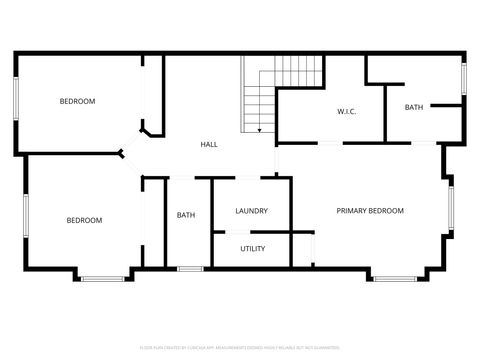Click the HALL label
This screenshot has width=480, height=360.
209,145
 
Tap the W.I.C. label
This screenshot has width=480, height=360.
347,111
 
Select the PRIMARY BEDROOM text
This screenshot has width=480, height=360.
370,211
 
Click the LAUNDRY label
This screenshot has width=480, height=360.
251,211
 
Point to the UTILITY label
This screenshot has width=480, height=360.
252,248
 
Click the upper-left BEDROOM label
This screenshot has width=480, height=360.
77,101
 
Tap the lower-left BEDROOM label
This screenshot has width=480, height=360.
84,220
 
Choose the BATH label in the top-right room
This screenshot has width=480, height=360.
414,107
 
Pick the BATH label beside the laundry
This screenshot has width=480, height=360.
186,215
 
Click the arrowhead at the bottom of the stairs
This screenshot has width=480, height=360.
259,130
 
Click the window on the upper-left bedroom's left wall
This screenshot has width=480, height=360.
15,100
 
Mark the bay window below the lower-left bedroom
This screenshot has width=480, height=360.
102,278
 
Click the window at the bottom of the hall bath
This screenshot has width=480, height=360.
190,268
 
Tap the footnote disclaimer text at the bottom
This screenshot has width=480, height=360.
240,347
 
